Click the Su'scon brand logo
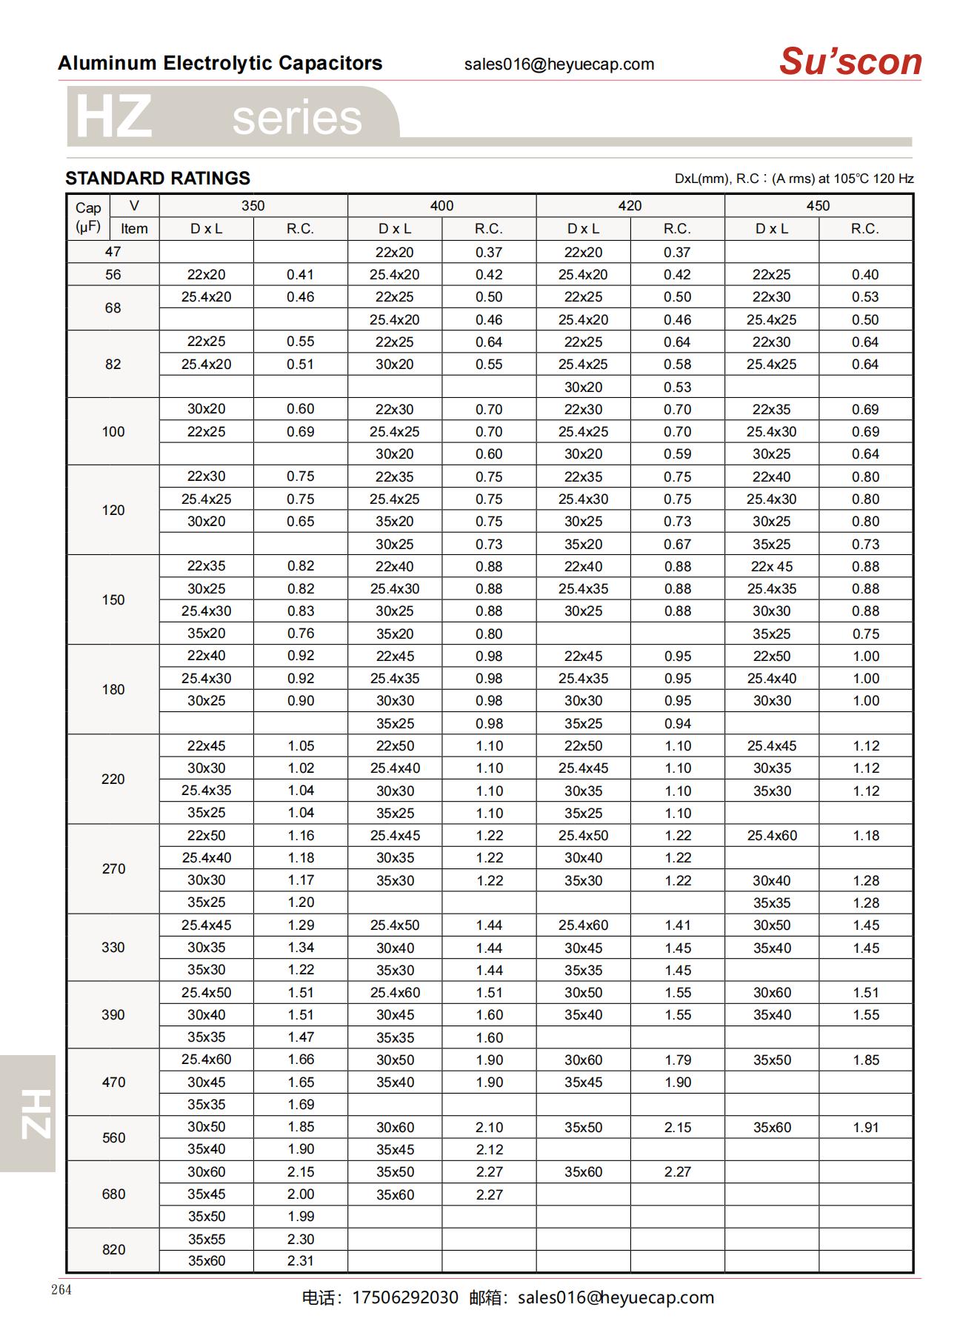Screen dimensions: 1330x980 [x=850, y=61]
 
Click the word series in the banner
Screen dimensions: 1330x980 [x=297, y=118]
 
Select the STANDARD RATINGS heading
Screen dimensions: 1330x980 [x=158, y=178]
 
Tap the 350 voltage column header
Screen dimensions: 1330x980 [x=253, y=206]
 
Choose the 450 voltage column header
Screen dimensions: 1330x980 [x=818, y=206]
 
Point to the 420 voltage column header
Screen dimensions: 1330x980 [x=630, y=206]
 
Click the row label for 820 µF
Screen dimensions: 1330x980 [x=113, y=1249]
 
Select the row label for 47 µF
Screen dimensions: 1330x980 [x=113, y=252]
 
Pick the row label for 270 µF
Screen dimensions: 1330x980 [x=113, y=868]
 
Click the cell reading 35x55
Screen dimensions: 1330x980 [x=206, y=1239]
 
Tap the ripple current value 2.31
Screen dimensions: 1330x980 [x=301, y=1260]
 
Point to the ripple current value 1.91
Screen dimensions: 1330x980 [x=865, y=1127]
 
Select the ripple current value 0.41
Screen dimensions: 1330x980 [x=301, y=274]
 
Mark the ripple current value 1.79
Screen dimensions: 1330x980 [x=678, y=1060]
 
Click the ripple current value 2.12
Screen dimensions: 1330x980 [x=489, y=1149]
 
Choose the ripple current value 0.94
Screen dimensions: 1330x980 [x=678, y=723]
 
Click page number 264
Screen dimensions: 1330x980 [x=61, y=1289]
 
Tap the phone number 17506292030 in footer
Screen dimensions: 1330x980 [x=405, y=1297]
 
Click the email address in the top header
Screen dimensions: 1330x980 [x=559, y=64]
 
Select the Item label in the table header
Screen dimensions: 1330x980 [x=134, y=229]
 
